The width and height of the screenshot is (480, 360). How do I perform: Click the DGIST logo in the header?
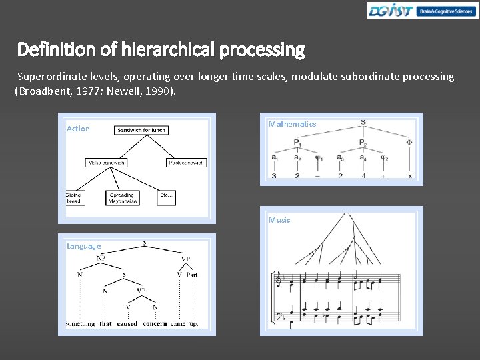(391, 11)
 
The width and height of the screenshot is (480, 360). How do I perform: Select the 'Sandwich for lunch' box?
(141, 130)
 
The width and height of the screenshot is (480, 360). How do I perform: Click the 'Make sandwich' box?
(106, 162)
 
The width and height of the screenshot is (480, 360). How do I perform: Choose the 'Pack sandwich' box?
(186, 162)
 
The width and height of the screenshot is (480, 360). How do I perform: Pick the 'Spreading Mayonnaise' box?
(123, 198)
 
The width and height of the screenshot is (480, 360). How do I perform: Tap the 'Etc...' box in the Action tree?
(166, 195)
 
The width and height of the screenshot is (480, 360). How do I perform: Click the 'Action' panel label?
(78, 129)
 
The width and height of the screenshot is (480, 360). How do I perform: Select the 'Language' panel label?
(83, 246)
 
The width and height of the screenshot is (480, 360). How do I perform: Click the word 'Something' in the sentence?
(80, 324)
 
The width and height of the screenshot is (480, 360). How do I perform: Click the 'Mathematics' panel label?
(292, 124)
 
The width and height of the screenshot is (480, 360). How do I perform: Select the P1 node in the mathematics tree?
(297, 143)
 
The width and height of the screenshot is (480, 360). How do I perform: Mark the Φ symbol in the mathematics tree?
(409, 142)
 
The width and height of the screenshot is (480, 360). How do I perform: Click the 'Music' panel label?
(279, 220)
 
